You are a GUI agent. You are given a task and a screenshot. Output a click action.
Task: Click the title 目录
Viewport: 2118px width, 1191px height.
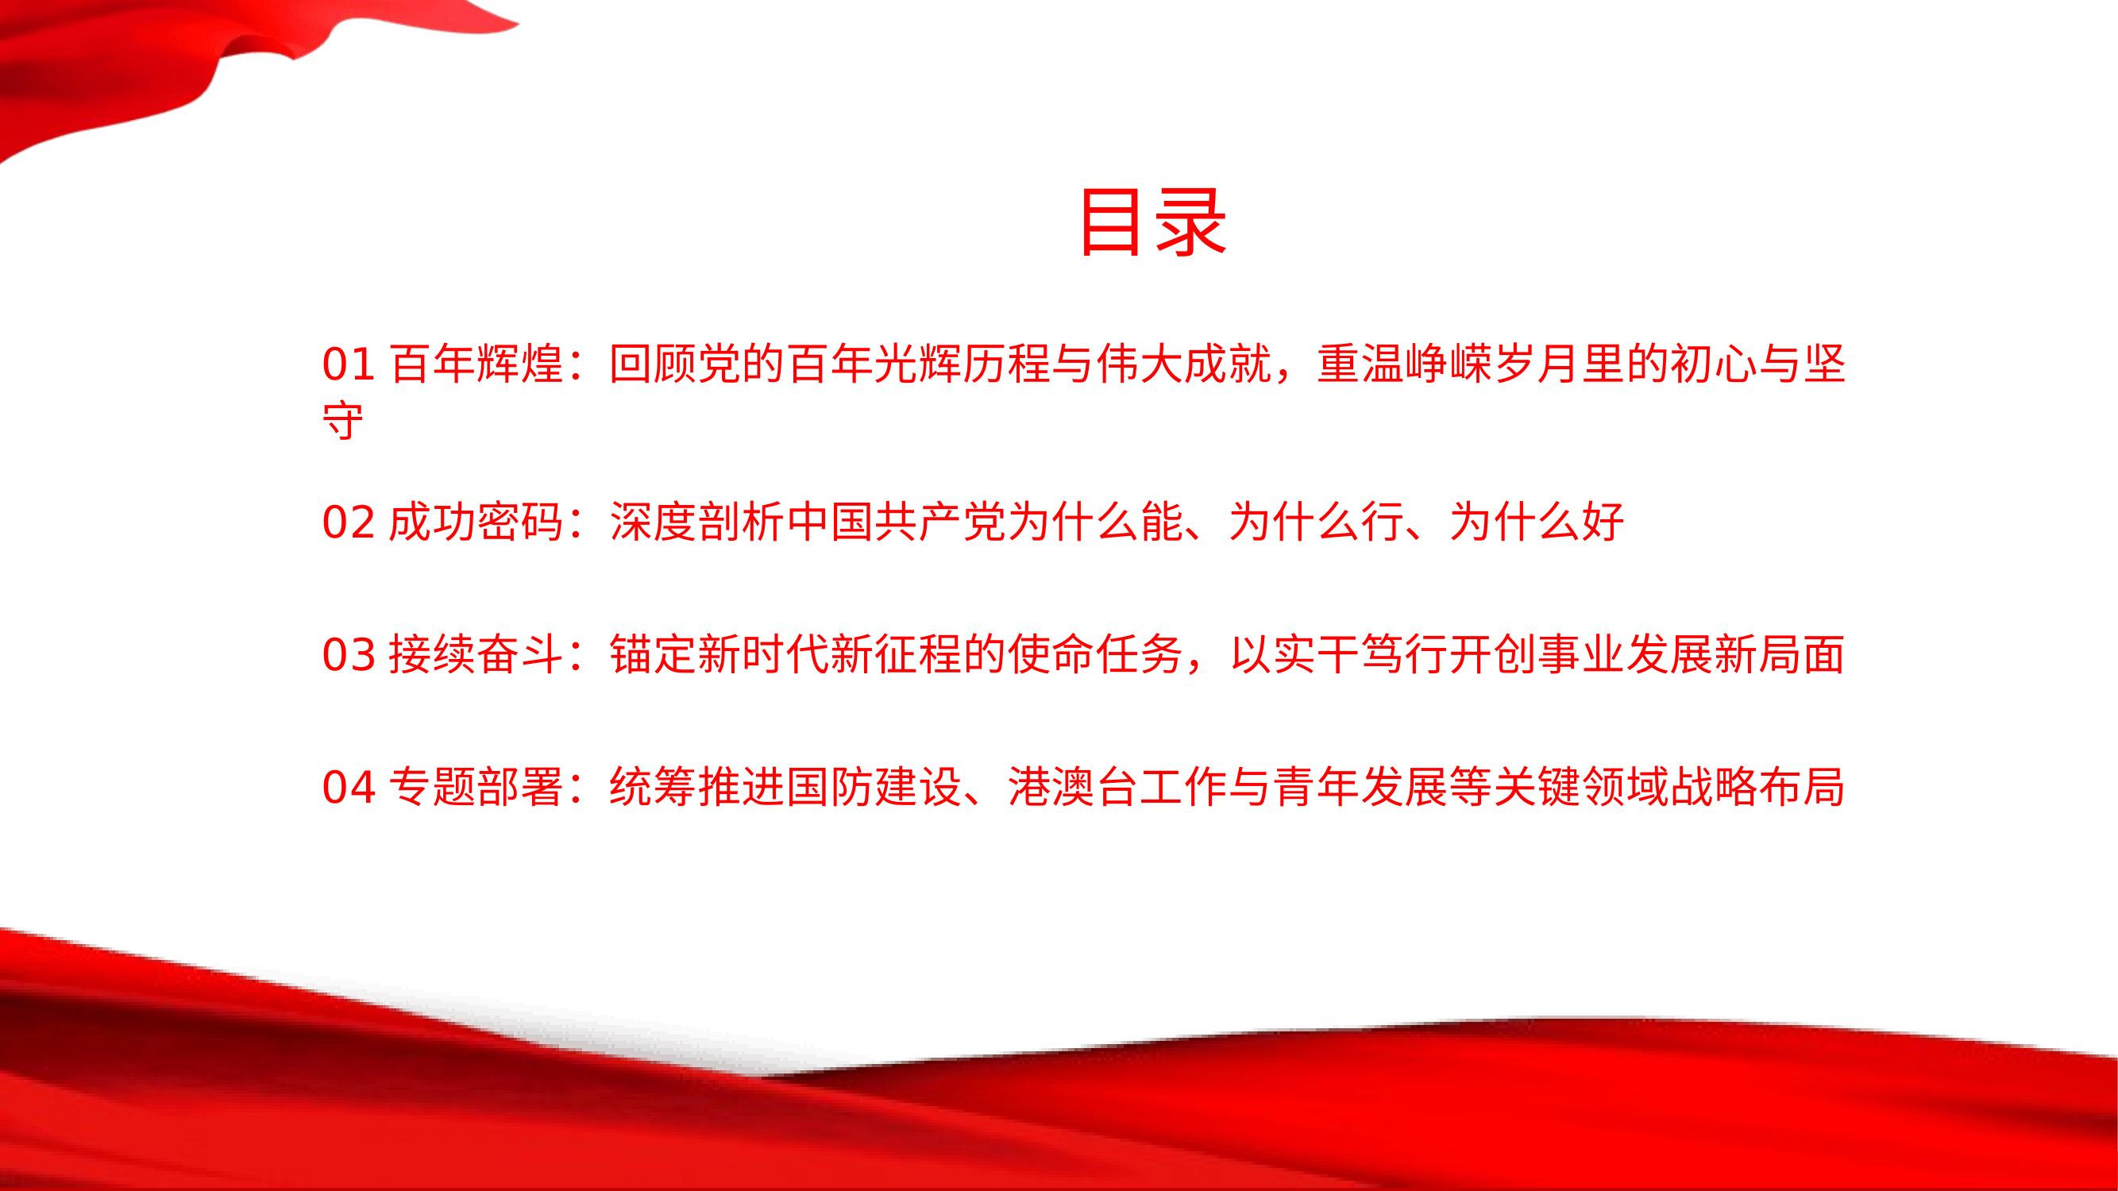(x=1153, y=223)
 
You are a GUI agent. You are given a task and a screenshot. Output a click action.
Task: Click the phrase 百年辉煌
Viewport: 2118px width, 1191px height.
(x=476, y=364)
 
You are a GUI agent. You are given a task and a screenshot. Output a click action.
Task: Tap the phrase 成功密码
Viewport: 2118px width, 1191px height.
(x=476, y=522)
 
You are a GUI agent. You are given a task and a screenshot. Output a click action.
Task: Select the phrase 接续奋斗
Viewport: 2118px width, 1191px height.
(x=476, y=655)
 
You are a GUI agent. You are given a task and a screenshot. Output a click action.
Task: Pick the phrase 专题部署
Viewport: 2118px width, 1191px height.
(x=476, y=788)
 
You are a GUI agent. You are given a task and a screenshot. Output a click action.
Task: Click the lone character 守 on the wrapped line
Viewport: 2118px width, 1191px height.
(x=343, y=422)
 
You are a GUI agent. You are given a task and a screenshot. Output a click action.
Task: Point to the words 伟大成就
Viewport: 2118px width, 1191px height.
(x=1184, y=364)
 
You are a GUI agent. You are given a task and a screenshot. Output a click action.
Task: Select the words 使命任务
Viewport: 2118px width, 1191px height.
(x=1095, y=655)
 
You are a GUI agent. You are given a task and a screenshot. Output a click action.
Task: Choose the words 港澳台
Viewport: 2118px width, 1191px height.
(x=1074, y=788)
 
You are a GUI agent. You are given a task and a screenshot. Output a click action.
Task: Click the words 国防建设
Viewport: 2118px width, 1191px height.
(x=875, y=788)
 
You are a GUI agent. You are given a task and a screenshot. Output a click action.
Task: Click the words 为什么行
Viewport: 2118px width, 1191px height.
(x=1317, y=522)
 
